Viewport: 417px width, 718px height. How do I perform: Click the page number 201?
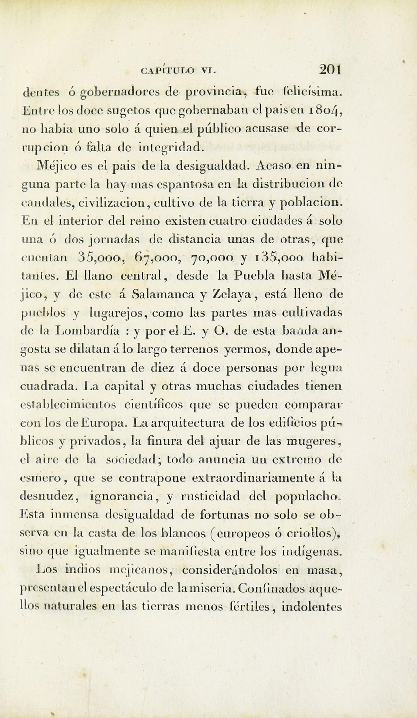click(x=330, y=69)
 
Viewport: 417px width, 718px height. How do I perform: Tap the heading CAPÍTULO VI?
click(x=179, y=70)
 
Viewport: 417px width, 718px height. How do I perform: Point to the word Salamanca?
click(x=163, y=294)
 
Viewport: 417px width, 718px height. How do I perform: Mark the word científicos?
click(x=153, y=405)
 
